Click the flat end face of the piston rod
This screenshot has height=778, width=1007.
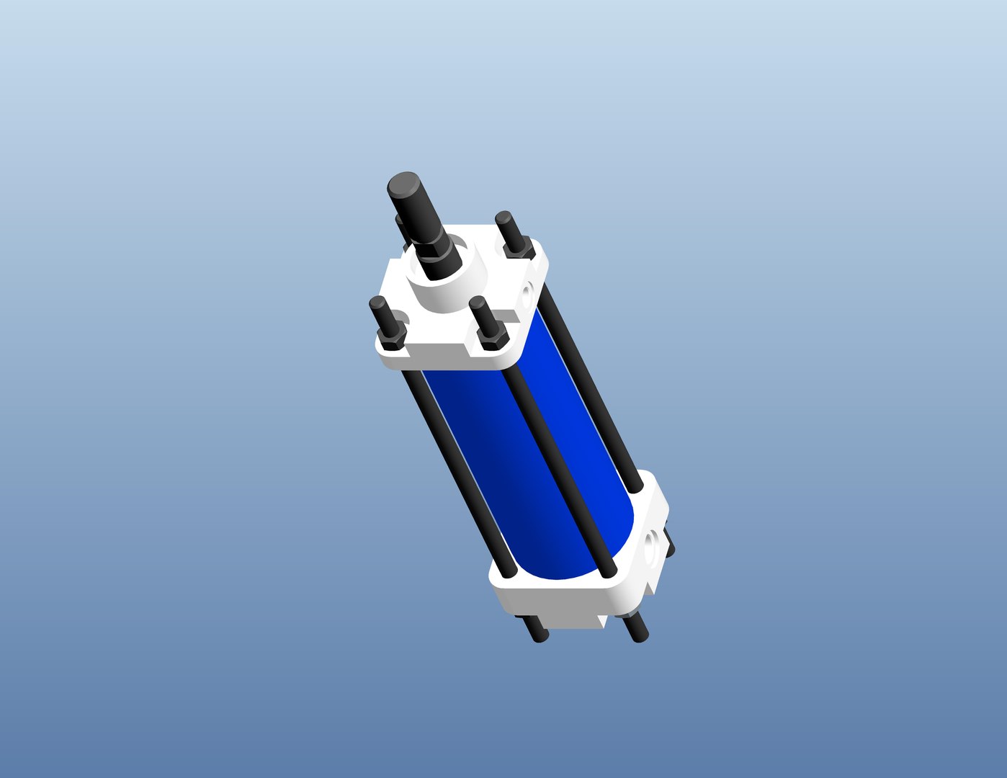[x=403, y=184]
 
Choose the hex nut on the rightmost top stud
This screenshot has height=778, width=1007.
[x=518, y=247]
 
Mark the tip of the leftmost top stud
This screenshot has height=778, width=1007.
[x=376, y=302]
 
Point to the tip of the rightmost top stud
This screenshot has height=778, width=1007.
[x=503, y=216]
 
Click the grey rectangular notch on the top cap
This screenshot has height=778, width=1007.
[x=508, y=316]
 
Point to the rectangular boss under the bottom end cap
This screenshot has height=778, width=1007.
[x=569, y=620]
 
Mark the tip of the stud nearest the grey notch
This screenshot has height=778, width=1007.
[x=475, y=303]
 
